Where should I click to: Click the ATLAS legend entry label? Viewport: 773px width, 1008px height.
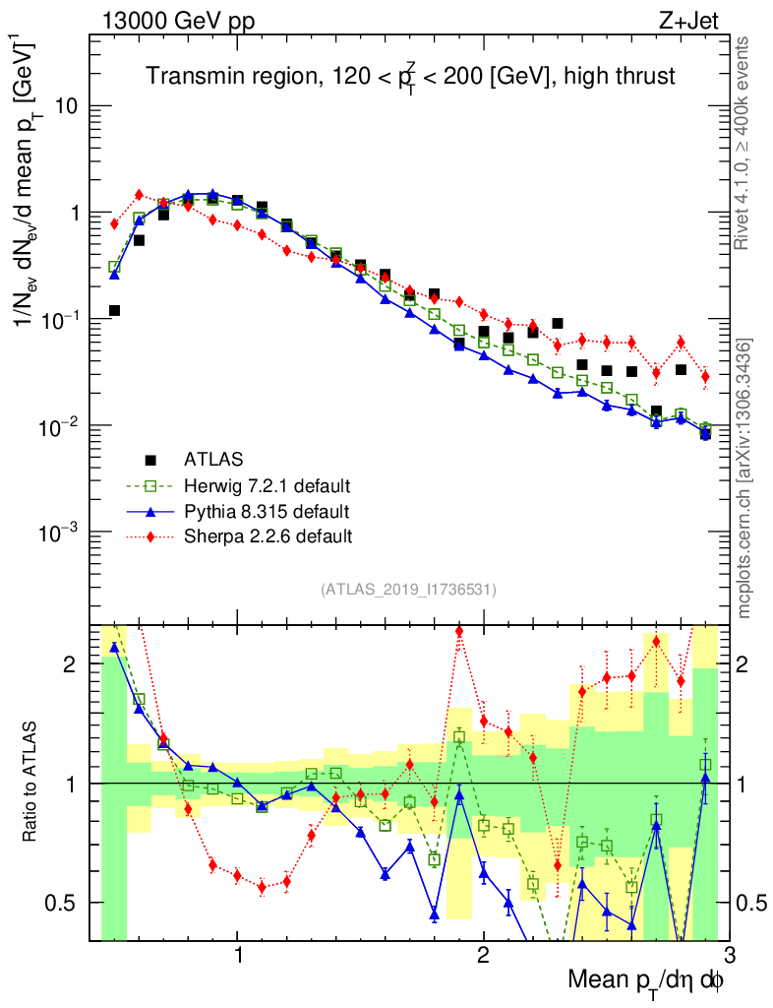[213, 459]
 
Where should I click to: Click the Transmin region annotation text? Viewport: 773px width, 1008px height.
[411, 77]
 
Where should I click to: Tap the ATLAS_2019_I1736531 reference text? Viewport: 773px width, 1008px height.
[408, 590]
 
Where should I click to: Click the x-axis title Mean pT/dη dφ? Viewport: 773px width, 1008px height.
[646, 980]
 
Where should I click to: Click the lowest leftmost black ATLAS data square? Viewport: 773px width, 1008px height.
[114, 311]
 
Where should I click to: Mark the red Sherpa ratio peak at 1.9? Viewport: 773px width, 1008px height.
[459, 631]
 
